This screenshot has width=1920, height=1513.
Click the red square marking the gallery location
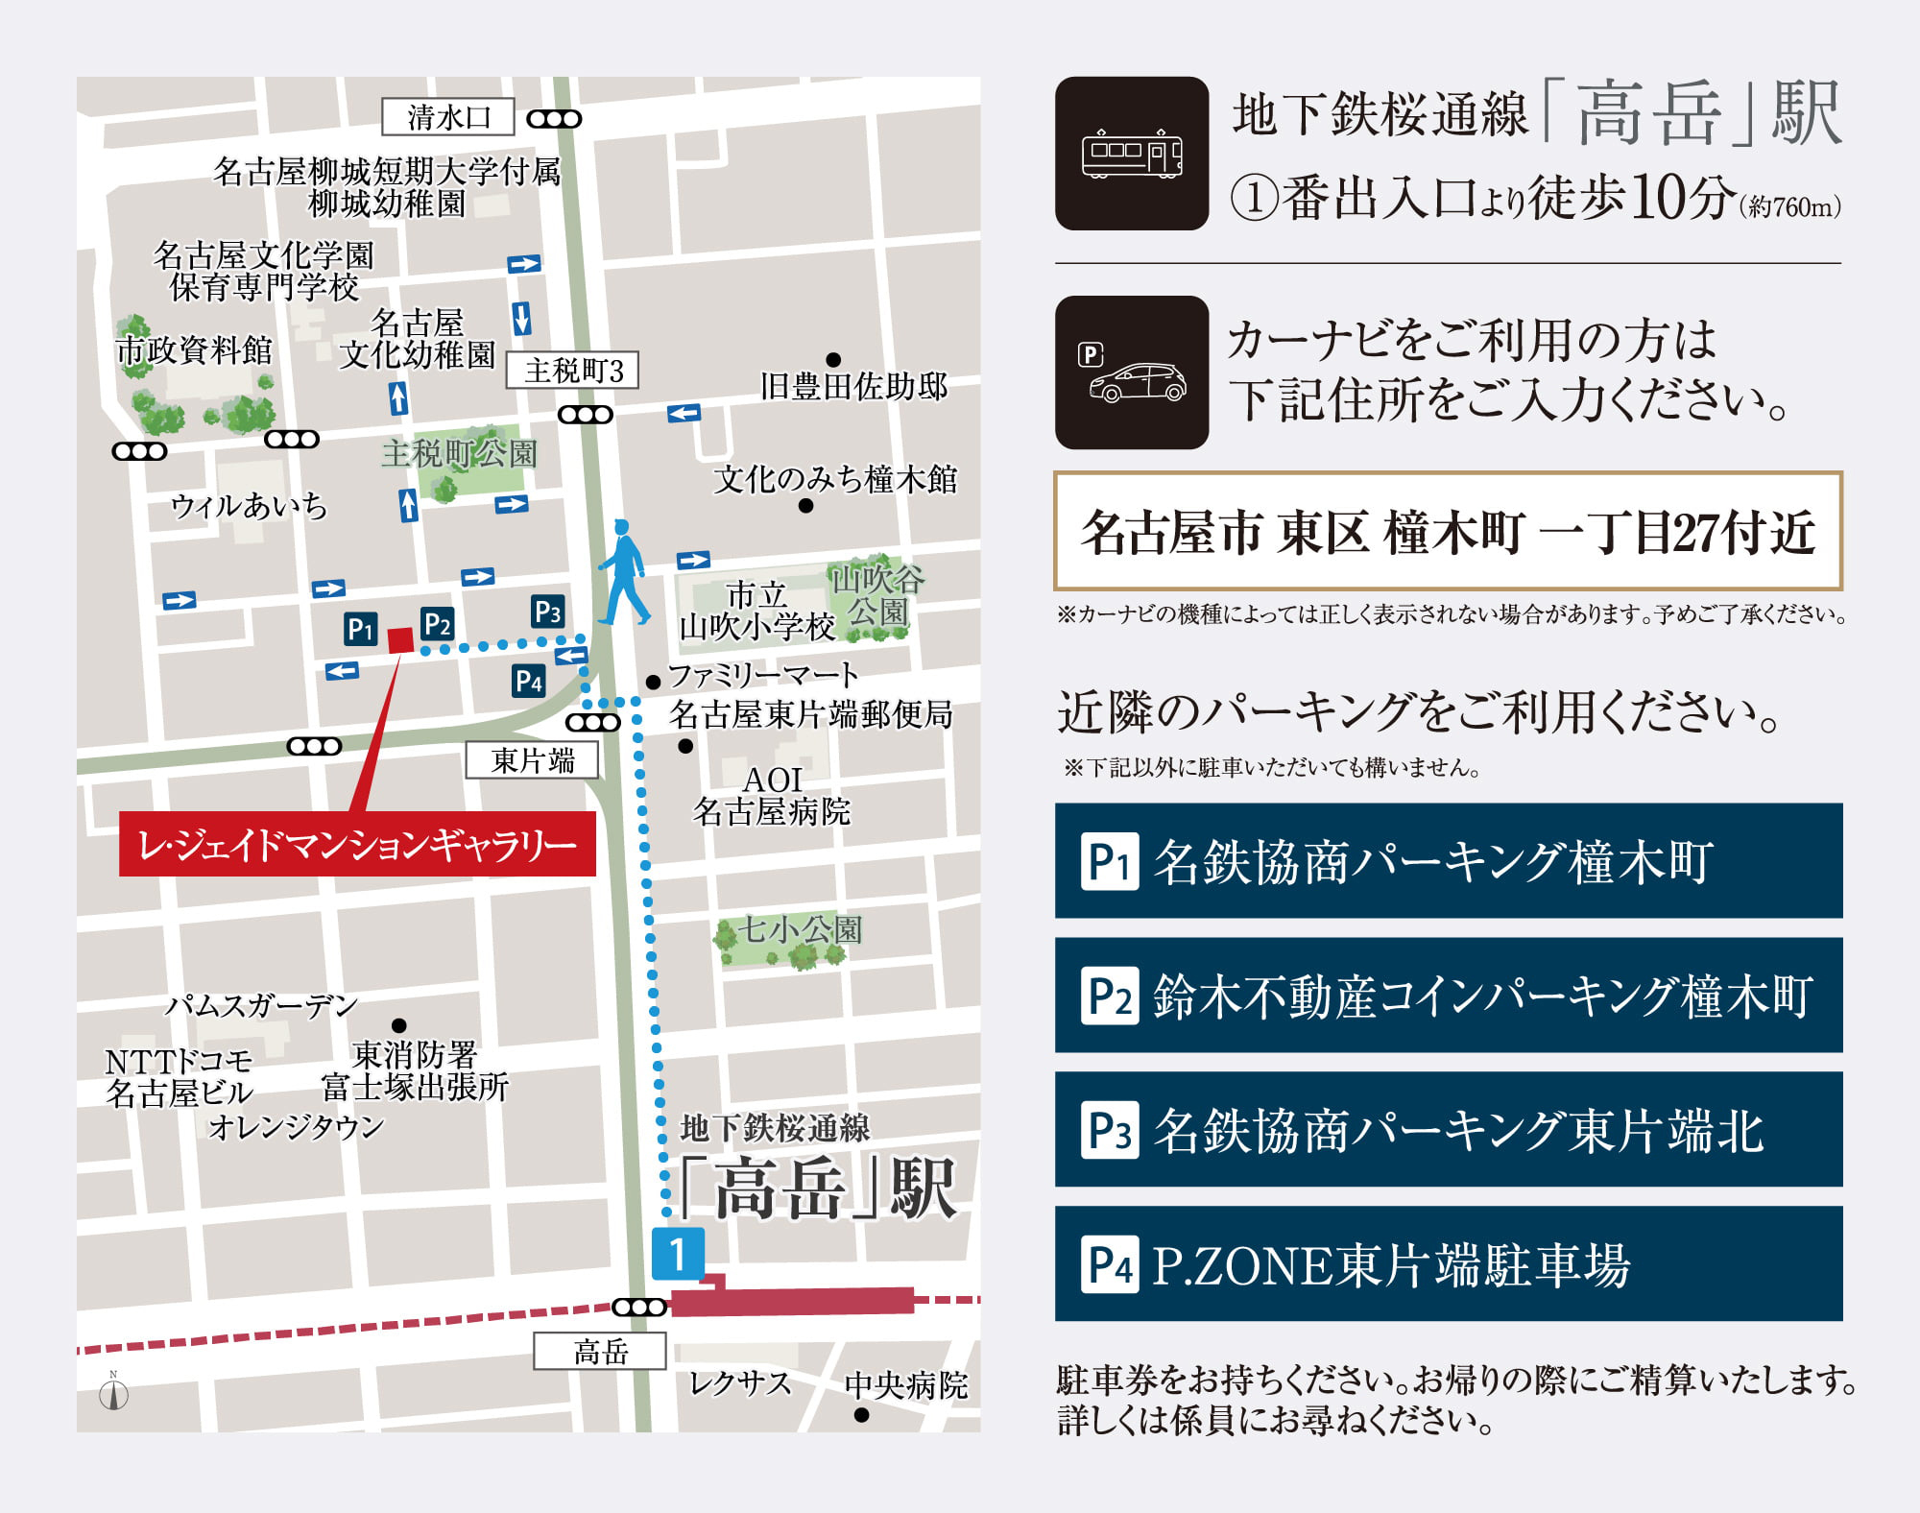click(400, 640)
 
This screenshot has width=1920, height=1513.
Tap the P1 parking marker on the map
click(361, 629)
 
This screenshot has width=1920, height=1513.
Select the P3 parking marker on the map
click(547, 612)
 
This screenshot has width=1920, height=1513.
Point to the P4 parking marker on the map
click(528, 682)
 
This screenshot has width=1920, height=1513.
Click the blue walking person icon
click(623, 573)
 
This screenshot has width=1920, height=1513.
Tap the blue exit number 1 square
click(678, 1254)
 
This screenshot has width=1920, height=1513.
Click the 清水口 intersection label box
click(448, 117)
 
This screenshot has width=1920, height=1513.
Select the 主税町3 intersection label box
click(572, 371)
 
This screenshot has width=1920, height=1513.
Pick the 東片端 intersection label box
click(532, 760)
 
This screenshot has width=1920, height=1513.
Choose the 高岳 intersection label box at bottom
click(600, 1352)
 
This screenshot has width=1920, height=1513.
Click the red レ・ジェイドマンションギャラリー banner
click(357, 844)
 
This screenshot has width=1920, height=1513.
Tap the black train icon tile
click(1132, 154)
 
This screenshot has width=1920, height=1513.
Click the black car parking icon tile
click(1132, 372)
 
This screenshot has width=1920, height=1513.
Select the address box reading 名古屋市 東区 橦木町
click(1448, 531)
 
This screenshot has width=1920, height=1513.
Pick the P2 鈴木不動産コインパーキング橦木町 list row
click(1448, 995)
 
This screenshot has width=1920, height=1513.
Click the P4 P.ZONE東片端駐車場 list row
click(1448, 1263)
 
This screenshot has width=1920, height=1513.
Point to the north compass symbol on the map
click(114, 1393)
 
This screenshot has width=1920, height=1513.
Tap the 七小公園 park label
click(800, 929)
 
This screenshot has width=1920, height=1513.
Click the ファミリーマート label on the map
click(762, 676)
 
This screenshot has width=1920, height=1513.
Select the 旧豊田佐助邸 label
click(852, 386)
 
